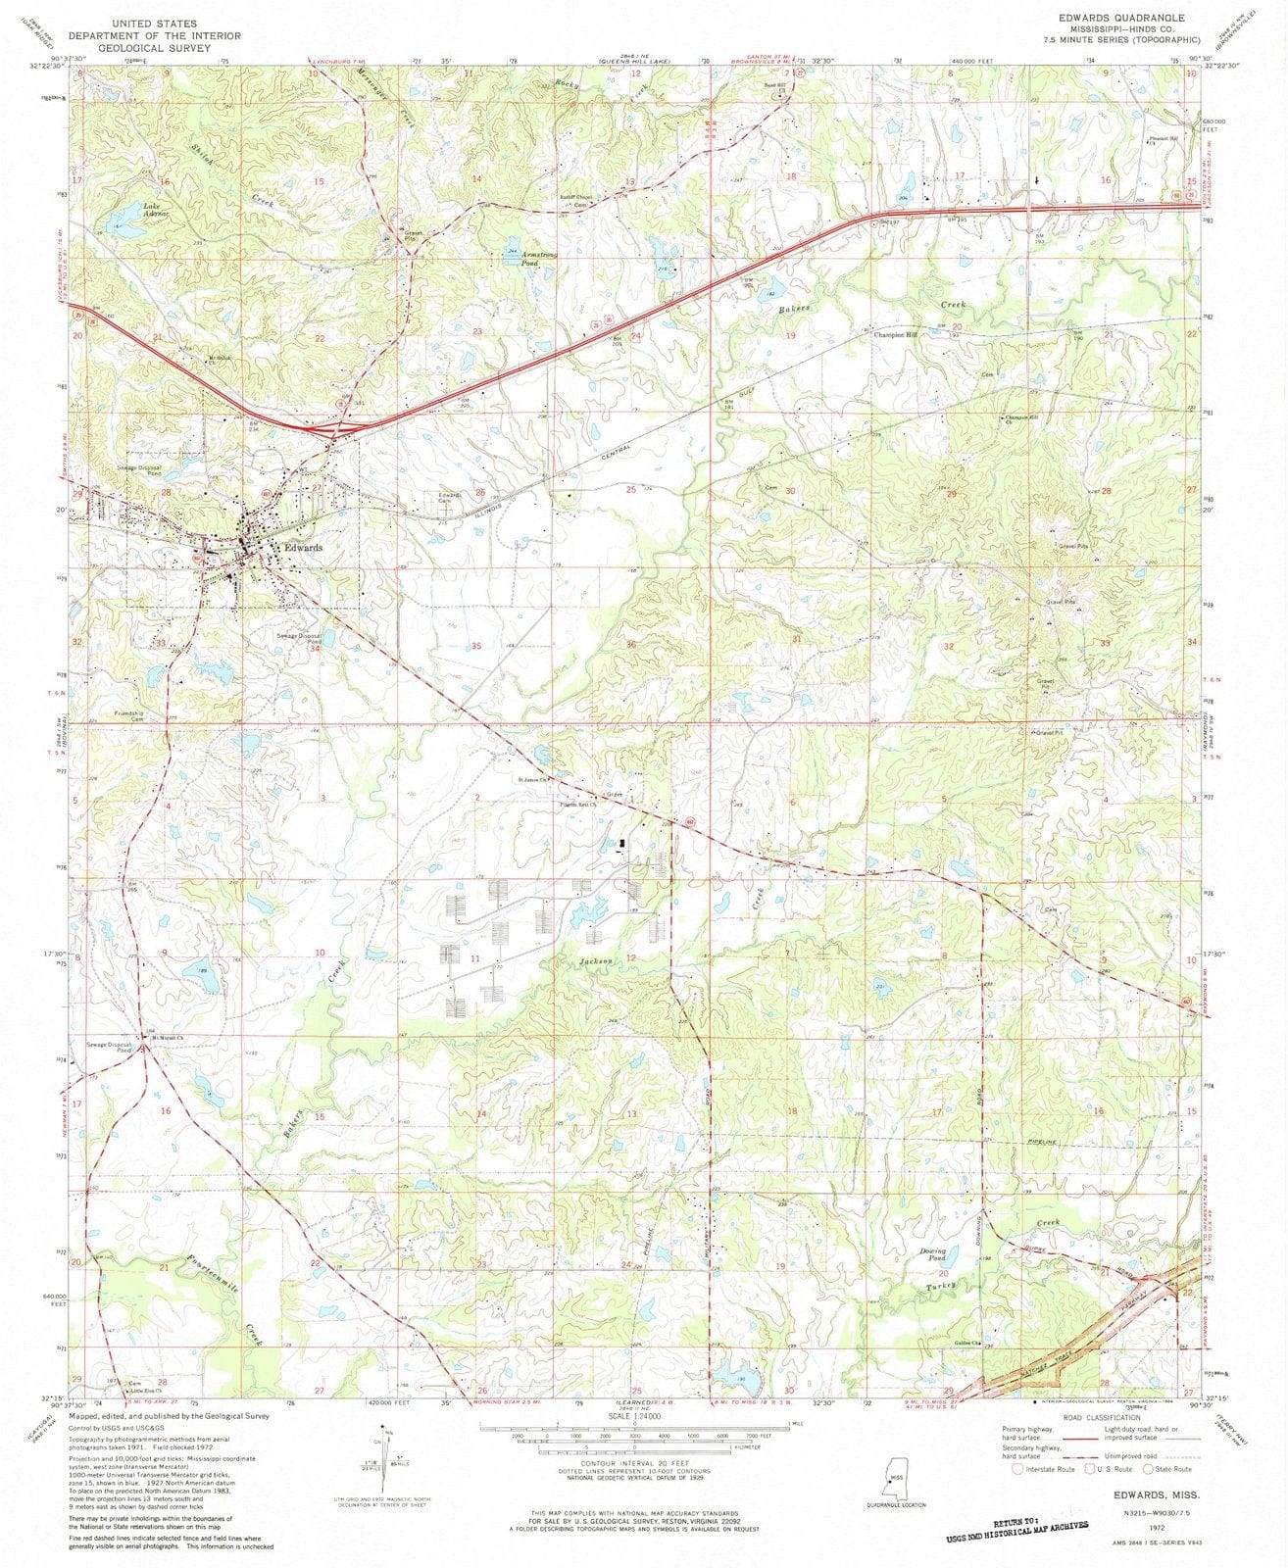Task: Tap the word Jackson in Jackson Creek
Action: (x=595, y=961)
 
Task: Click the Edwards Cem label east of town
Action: (x=449, y=498)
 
